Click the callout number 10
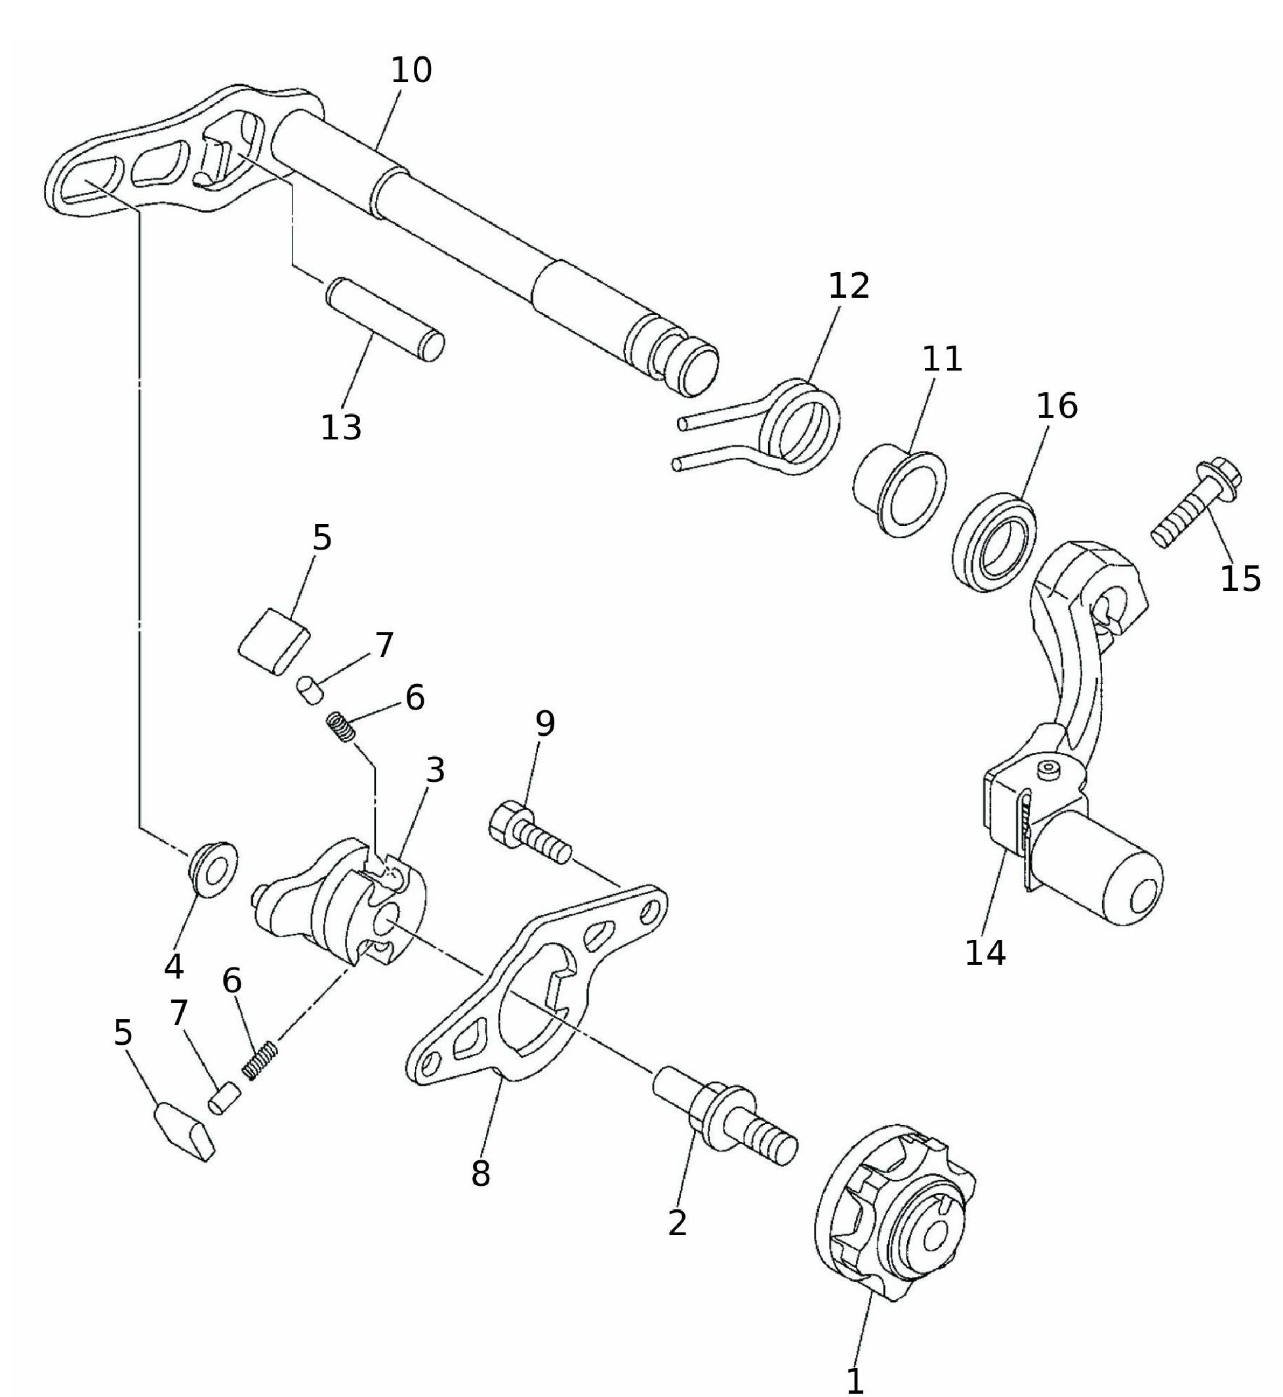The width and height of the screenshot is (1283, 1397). [x=412, y=70]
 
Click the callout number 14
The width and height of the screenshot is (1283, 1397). [x=985, y=954]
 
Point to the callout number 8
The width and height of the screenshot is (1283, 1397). [x=480, y=1174]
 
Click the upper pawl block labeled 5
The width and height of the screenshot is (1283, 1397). [x=274, y=641]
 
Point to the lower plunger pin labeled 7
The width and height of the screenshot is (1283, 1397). [x=224, y=1101]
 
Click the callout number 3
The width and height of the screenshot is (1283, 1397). [x=435, y=770]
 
